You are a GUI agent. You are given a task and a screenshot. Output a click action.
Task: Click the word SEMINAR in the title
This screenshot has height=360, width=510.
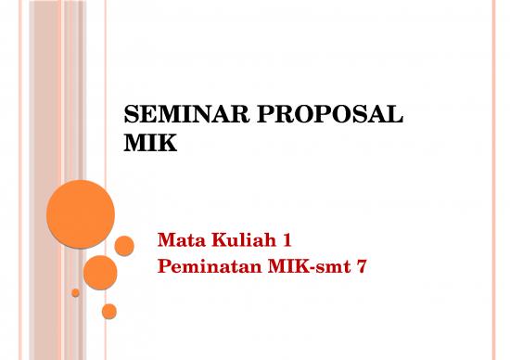pos(179,117)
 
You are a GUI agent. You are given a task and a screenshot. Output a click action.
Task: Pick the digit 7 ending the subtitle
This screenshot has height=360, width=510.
pos(350,269)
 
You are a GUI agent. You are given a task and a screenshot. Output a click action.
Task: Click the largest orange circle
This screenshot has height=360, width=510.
pos(80,213)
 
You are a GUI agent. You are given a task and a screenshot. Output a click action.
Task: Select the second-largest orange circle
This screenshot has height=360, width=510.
pos(100,272)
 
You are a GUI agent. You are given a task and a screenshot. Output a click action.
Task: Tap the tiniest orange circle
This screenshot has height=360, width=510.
pos(75,292)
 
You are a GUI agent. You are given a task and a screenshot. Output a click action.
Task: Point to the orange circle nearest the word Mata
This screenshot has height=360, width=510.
pos(124,245)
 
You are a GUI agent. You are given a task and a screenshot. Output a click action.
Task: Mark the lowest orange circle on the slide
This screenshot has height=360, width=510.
pos(109,311)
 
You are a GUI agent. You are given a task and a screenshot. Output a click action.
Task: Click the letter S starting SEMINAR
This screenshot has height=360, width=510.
pos(130,117)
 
